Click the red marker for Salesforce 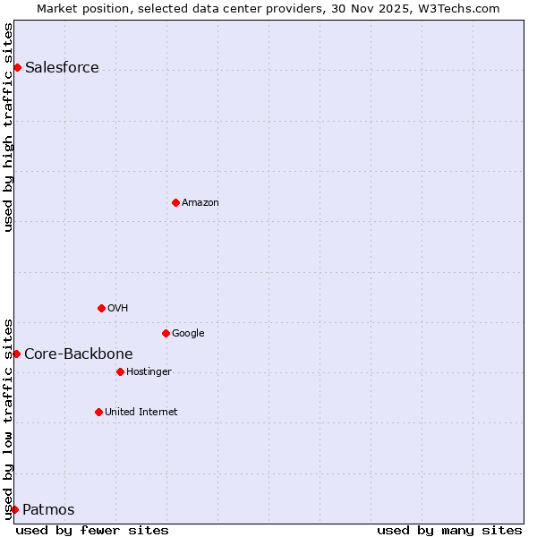17,67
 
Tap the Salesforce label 62,68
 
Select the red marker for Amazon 175,202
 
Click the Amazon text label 200,203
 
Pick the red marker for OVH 101,308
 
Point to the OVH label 118,309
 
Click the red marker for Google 166,333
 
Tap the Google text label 188,334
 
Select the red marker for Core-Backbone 16,354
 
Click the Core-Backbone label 79,354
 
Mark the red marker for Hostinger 120,371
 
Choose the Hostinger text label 149,372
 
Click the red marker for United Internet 98,412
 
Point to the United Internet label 141,413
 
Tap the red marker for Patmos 14,509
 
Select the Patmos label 48,510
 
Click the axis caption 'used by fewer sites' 92,530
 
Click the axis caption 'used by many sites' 449,530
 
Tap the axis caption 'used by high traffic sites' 8,127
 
